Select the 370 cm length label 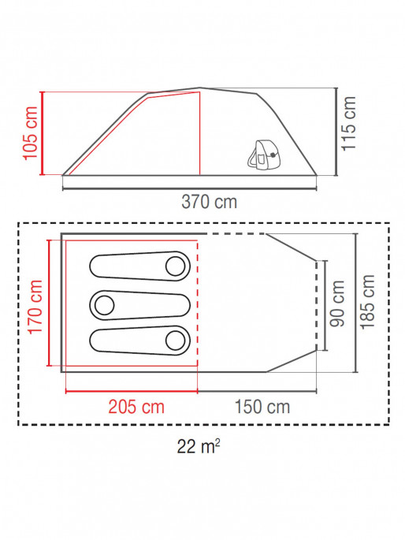click(x=210, y=201)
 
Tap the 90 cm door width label click(x=338, y=304)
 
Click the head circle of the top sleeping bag click(x=174, y=266)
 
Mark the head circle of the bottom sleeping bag click(x=174, y=340)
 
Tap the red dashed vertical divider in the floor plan click(x=198, y=315)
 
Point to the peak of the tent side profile click(x=200, y=88)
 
